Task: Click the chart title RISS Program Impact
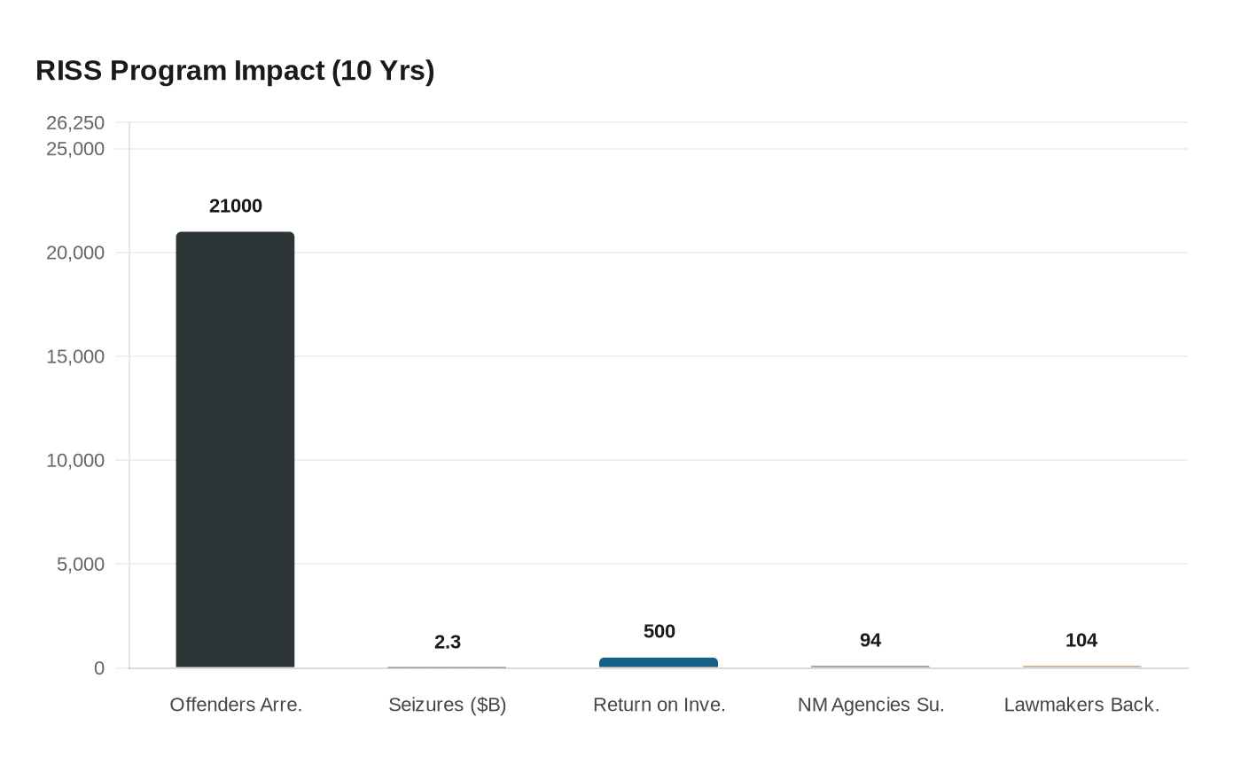pyautogui.click(x=235, y=70)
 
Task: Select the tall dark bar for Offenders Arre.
pyautogui.click(x=235, y=449)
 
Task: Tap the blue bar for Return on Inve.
pyautogui.click(x=659, y=662)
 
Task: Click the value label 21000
pyautogui.click(x=236, y=206)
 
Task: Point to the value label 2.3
pyautogui.click(x=448, y=642)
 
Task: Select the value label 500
pyautogui.click(x=660, y=631)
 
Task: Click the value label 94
pyautogui.click(x=870, y=640)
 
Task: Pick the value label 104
pyautogui.click(x=1081, y=640)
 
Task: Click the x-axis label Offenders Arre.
pyautogui.click(x=236, y=705)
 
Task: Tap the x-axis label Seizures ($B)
pyautogui.click(x=448, y=705)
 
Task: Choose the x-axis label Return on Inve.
pyautogui.click(x=660, y=705)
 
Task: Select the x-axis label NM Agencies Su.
pyautogui.click(x=870, y=705)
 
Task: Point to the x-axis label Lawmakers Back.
pyautogui.click(x=1081, y=705)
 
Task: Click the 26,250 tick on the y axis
pyautogui.click(x=75, y=122)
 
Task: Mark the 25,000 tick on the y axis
pyautogui.click(x=75, y=149)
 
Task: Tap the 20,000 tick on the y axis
pyautogui.click(x=75, y=253)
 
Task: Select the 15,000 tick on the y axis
pyautogui.click(x=75, y=356)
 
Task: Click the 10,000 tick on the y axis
pyautogui.click(x=75, y=460)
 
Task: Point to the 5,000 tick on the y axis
pyautogui.click(x=81, y=564)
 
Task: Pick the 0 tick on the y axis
pyautogui.click(x=99, y=668)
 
